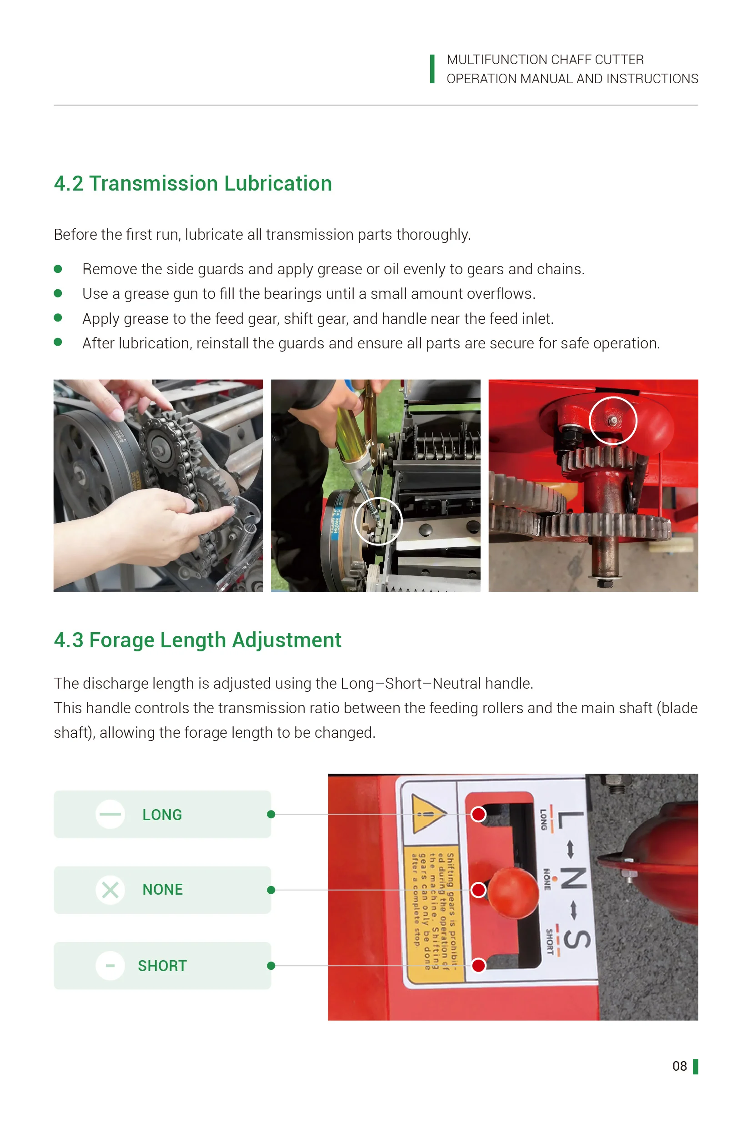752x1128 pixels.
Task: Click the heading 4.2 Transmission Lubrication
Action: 192,184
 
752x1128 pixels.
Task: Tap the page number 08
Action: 679,1066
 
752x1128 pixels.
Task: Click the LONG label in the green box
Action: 162,815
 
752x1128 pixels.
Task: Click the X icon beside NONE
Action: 110,890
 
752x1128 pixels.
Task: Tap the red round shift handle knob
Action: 513,892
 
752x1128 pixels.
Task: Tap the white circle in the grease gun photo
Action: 378,521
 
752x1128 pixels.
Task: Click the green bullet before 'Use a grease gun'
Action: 58,293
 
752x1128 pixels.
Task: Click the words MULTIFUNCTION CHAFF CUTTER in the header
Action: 545,60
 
